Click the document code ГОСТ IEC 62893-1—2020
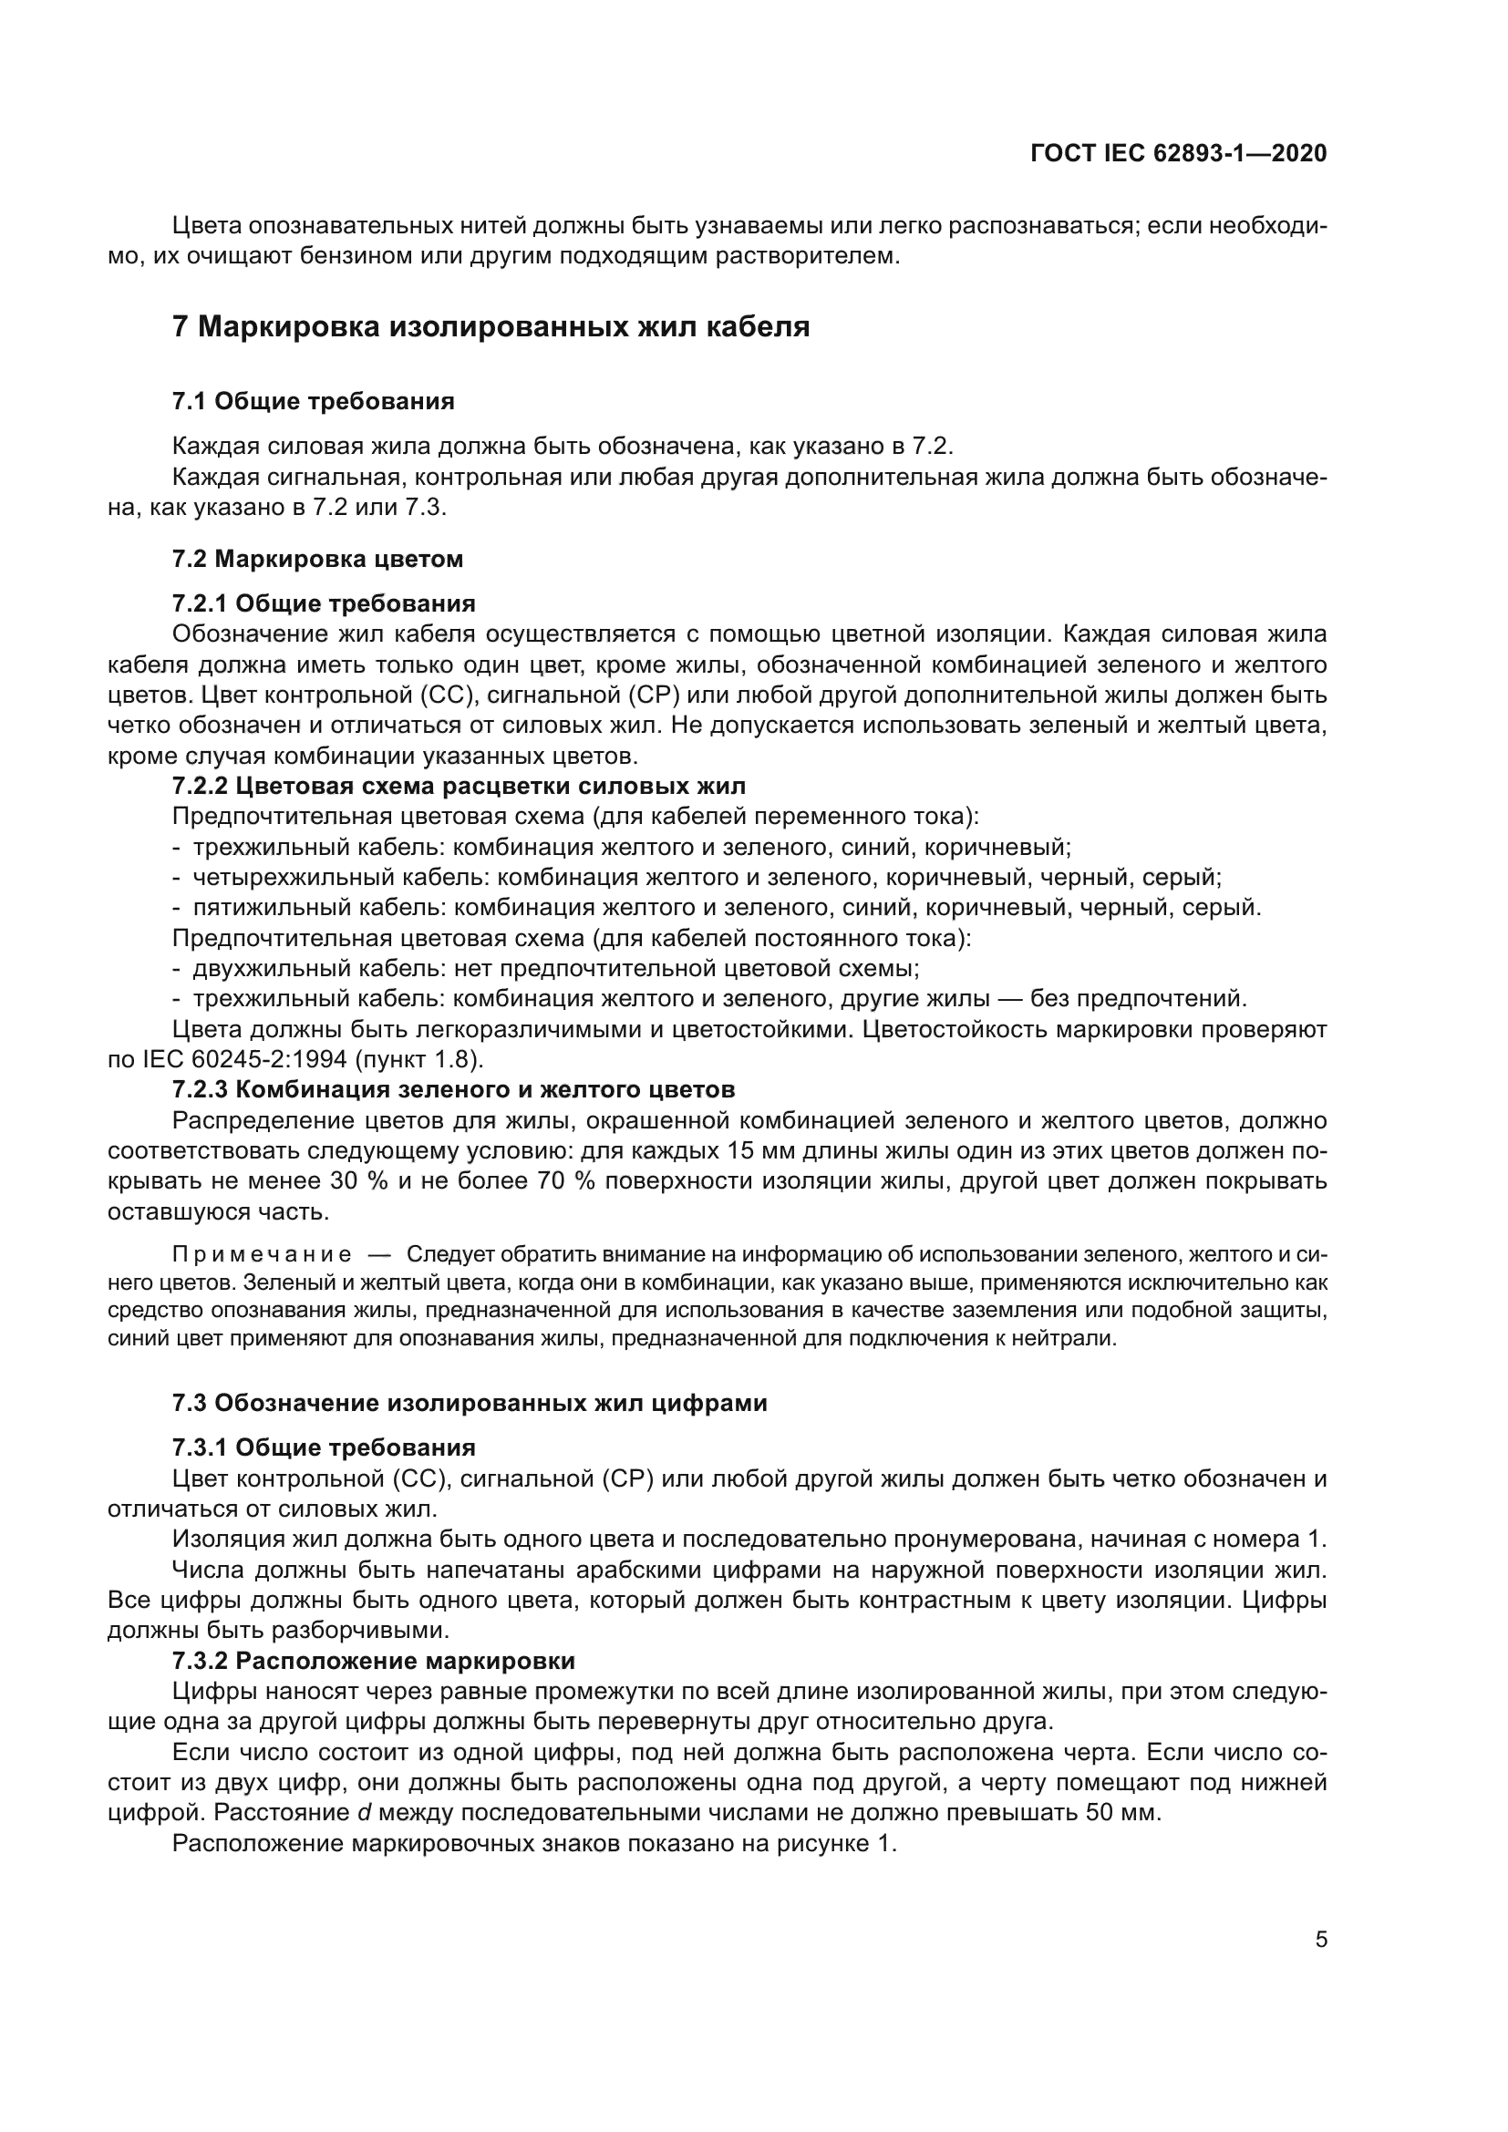click(x=1178, y=154)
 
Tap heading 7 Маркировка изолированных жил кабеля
click(x=491, y=327)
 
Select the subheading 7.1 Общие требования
click(x=313, y=401)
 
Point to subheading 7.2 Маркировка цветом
click(x=316, y=559)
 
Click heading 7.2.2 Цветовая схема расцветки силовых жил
click(x=459, y=786)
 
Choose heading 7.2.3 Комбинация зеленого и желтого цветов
click(x=453, y=1088)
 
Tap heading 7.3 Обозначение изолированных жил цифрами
click(x=470, y=1402)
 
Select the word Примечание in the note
click(x=262, y=1255)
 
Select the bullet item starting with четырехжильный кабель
click(x=706, y=878)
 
